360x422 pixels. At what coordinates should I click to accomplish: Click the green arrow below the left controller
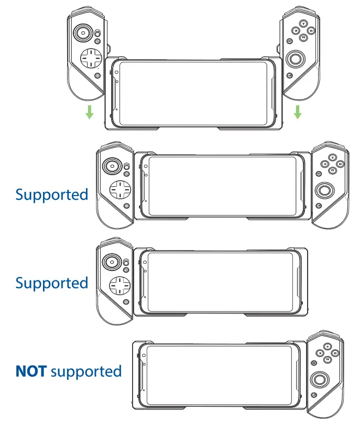point(90,111)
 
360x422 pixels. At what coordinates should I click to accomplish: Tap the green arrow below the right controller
point(298,111)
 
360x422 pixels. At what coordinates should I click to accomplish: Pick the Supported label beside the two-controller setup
point(51,195)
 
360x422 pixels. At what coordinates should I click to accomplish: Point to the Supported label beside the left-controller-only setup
point(51,284)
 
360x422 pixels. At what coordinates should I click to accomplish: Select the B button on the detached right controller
point(312,31)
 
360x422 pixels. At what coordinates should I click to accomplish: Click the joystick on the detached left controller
point(83,34)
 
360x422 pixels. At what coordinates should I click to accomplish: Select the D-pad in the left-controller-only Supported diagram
point(119,286)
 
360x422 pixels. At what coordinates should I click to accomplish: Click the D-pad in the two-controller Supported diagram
point(119,189)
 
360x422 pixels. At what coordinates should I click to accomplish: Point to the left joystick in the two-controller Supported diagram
point(112,166)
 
